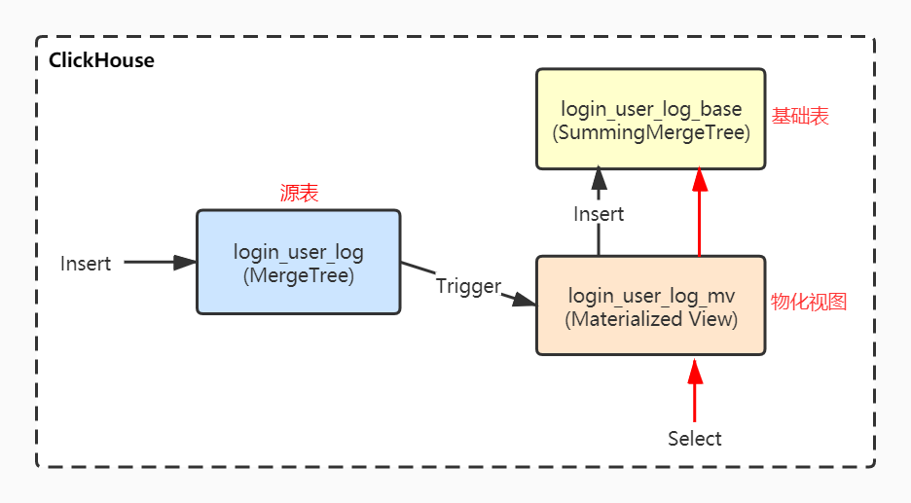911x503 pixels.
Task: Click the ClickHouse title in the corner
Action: click(x=101, y=60)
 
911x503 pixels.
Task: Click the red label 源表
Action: click(x=299, y=194)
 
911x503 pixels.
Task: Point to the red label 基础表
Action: click(x=800, y=117)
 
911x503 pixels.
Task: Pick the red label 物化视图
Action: click(x=808, y=302)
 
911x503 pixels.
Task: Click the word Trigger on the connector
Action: click(x=467, y=286)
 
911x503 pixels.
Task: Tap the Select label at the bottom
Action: click(x=694, y=439)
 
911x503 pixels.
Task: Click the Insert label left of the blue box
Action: click(x=86, y=264)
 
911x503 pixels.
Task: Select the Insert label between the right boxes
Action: click(x=599, y=214)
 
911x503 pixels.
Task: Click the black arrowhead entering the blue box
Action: click(x=186, y=262)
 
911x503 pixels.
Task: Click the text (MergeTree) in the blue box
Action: click(x=298, y=275)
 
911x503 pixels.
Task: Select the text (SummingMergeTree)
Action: click(x=651, y=132)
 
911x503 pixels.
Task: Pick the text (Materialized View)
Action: click(x=651, y=319)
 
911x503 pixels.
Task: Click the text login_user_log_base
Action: click(x=651, y=109)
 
